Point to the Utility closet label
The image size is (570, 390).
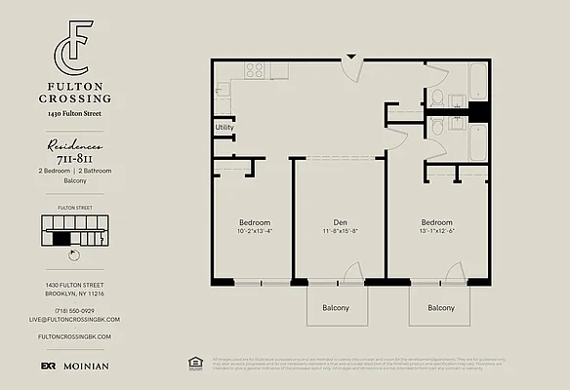(x=224, y=128)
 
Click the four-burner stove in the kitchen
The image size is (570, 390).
(x=255, y=69)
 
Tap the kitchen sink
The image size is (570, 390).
(x=222, y=91)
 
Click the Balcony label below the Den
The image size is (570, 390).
(x=336, y=308)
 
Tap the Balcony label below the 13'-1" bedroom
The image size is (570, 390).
(x=440, y=308)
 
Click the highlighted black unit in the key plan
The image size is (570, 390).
(x=61, y=237)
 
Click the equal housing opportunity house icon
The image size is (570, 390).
(x=193, y=363)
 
